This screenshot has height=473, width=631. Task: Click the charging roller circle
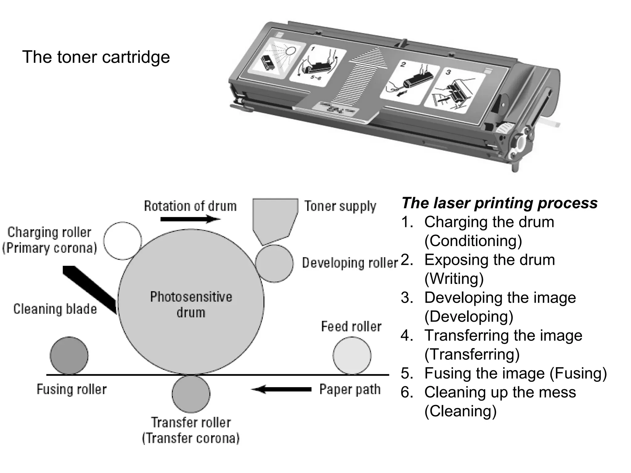click(122, 241)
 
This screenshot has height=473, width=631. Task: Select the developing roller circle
click(274, 264)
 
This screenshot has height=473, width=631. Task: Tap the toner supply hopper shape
click(274, 219)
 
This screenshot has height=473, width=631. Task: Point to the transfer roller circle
click(191, 394)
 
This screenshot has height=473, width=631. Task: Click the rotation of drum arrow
click(190, 219)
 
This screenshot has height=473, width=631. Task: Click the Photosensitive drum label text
click(191, 304)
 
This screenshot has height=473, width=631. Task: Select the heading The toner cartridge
click(96, 57)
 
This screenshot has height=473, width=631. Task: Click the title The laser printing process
click(499, 203)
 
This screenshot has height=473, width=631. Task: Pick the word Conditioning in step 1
click(473, 241)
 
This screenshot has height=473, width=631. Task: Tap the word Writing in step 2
click(454, 279)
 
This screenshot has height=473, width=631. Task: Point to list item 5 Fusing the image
click(504, 373)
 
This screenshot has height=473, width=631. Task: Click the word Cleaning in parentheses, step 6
click(460, 411)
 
